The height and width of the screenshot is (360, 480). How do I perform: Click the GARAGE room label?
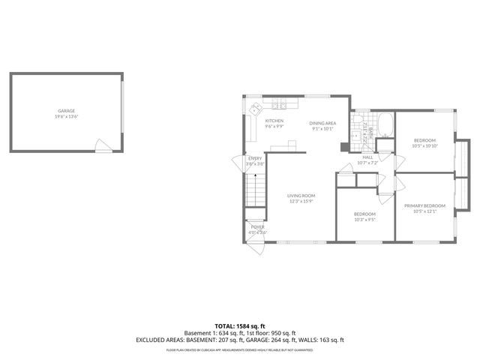(66, 111)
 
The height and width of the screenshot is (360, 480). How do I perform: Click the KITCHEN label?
(274, 121)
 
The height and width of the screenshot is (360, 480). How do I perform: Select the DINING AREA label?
(322, 123)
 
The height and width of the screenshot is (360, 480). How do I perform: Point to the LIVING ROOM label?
(300, 196)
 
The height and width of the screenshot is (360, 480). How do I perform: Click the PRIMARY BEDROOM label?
(424, 206)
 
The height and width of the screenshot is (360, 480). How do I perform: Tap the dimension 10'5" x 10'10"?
(424, 145)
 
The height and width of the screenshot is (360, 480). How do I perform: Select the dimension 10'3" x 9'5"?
(365, 220)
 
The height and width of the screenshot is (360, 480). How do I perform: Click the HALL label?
(367, 157)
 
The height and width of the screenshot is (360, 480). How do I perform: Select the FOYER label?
(257, 226)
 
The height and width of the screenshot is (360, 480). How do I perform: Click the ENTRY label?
(256, 158)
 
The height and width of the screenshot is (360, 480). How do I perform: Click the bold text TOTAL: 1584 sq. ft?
(239, 326)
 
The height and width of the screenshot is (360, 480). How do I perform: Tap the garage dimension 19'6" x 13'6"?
(66, 117)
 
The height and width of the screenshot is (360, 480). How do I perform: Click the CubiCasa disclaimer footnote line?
(239, 349)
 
